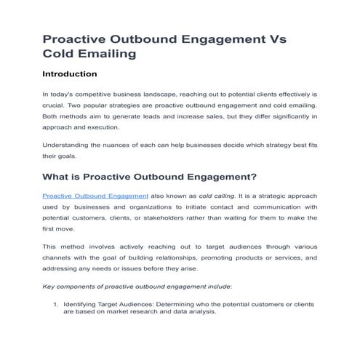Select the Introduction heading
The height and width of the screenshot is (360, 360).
(x=70, y=74)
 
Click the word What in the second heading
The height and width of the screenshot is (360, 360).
(x=60, y=177)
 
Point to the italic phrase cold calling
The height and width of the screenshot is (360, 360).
(x=217, y=196)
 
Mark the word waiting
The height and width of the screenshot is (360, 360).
(x=231, y=217)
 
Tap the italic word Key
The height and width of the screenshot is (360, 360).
(x=49, y=286)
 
